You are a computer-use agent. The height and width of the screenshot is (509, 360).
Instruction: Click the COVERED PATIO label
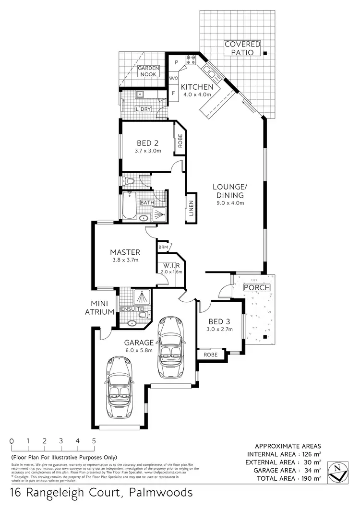242,48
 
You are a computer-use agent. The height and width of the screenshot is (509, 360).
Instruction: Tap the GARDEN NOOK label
148,71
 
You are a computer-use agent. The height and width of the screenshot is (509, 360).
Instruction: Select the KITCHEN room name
196,87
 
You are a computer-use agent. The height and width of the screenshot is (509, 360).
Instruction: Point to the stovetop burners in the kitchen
191,60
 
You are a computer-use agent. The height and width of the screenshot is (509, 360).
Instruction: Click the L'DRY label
143,109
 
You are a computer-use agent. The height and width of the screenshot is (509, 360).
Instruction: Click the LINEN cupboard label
191,209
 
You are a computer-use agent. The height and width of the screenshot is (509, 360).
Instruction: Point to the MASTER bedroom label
125,252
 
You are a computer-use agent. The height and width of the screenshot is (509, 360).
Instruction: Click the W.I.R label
171,265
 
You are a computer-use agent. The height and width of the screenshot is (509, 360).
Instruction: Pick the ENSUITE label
131,309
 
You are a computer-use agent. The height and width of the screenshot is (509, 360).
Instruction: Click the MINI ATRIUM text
103,308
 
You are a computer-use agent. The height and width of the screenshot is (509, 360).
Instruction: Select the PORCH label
257,288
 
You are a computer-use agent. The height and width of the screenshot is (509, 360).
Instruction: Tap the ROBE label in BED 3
210,355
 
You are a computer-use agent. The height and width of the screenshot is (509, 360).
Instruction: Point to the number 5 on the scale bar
94,441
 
